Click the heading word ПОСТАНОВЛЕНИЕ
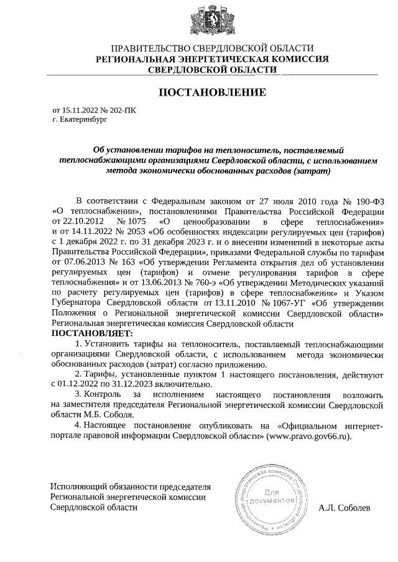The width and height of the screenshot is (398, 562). pyautogui.click(x=213, y=93)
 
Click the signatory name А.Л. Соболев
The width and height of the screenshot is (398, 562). pyautogui.click(x=343, y=507)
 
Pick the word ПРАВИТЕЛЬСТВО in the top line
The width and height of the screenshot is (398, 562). pyautogui.click(x=147, y=48)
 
